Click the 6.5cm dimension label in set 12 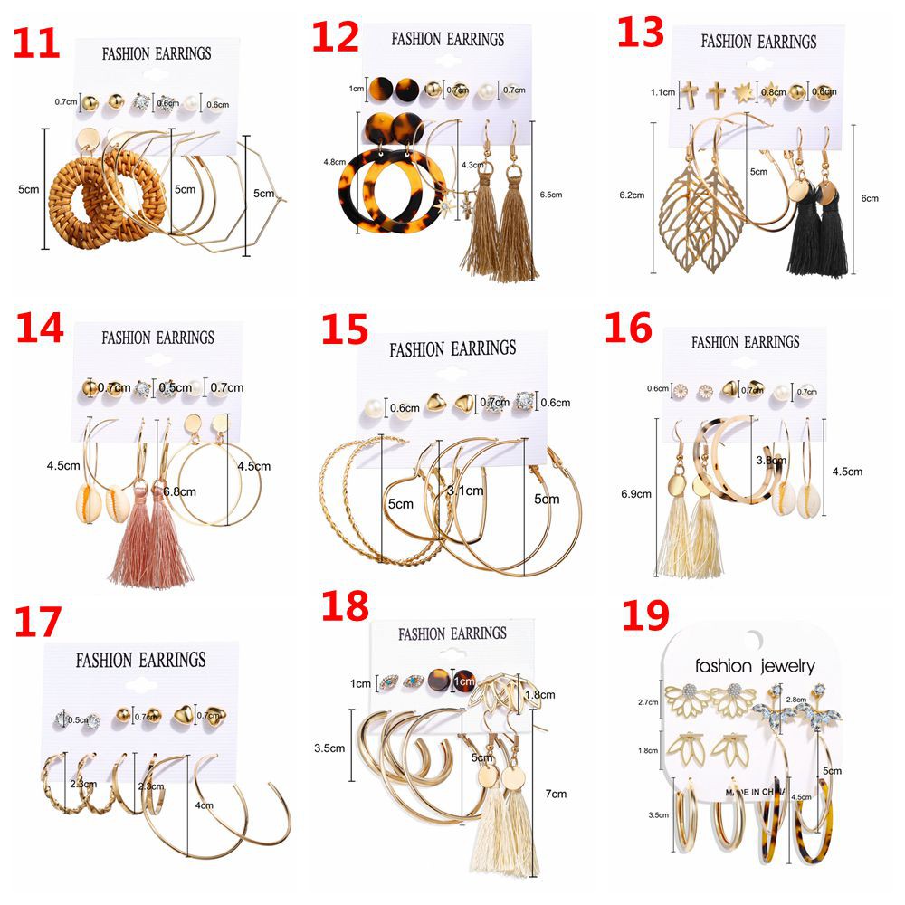pos(550,195)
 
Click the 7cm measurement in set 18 pos(555,794)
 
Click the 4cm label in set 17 pos(204,805)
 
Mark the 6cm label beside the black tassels pos(870,199)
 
